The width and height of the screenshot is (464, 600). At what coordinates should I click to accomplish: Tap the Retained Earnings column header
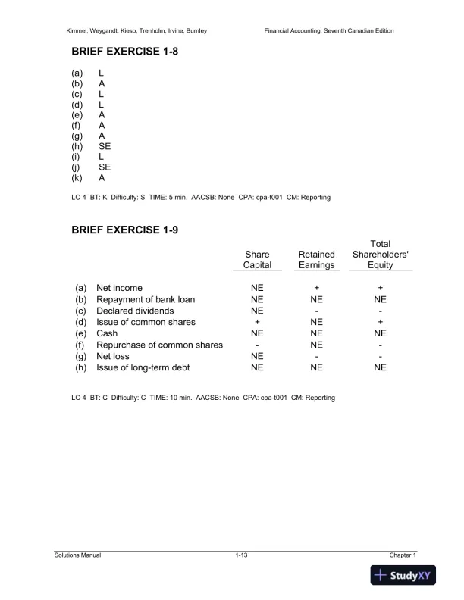point(316,260)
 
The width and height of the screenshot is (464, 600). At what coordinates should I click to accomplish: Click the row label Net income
point(122,288)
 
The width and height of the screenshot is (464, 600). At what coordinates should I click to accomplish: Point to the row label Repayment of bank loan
point(146,299)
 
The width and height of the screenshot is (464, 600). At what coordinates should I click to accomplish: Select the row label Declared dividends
point(135,311)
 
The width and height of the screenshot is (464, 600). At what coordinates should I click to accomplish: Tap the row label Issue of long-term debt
point(144,367)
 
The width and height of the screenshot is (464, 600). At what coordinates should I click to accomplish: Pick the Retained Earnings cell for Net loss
point(316,356)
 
